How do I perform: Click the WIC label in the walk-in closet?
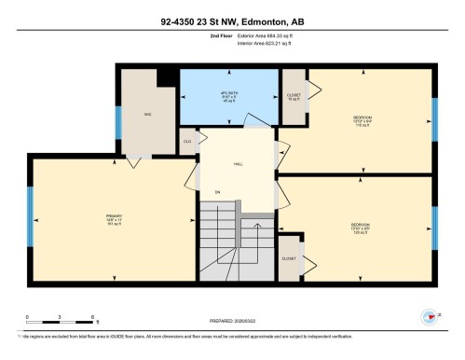[146, 115]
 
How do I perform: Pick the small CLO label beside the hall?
[187, 141]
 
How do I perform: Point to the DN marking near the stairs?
[217, 193]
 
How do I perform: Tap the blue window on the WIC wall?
[117, 122]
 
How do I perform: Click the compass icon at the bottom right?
[428, 316]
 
